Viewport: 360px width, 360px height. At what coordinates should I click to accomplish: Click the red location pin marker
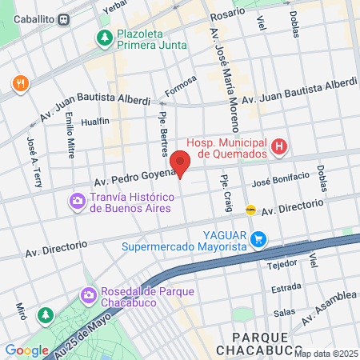tap(181, 163)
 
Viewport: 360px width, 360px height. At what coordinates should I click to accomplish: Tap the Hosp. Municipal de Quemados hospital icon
tap(278, 146)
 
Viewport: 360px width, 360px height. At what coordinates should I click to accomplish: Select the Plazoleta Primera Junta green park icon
tap(104, 38)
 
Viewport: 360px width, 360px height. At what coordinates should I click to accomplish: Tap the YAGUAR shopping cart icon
tap(258, 239)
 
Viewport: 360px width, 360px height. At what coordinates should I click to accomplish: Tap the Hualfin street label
tap(95, 122)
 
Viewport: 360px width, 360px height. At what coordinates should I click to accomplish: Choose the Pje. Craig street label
tap(226, 194)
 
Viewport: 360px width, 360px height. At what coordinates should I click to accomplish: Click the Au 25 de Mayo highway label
tap(84, 331)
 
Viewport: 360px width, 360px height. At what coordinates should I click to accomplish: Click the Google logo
tap(26, 350)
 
